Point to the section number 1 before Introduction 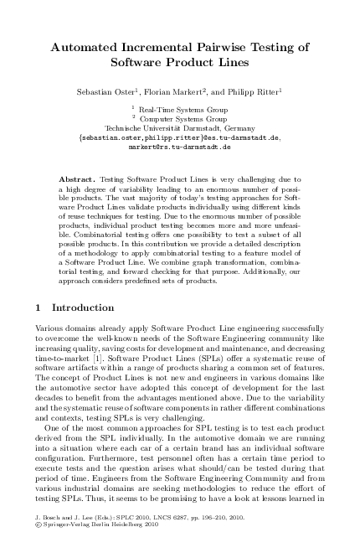[x=43, y=330]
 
